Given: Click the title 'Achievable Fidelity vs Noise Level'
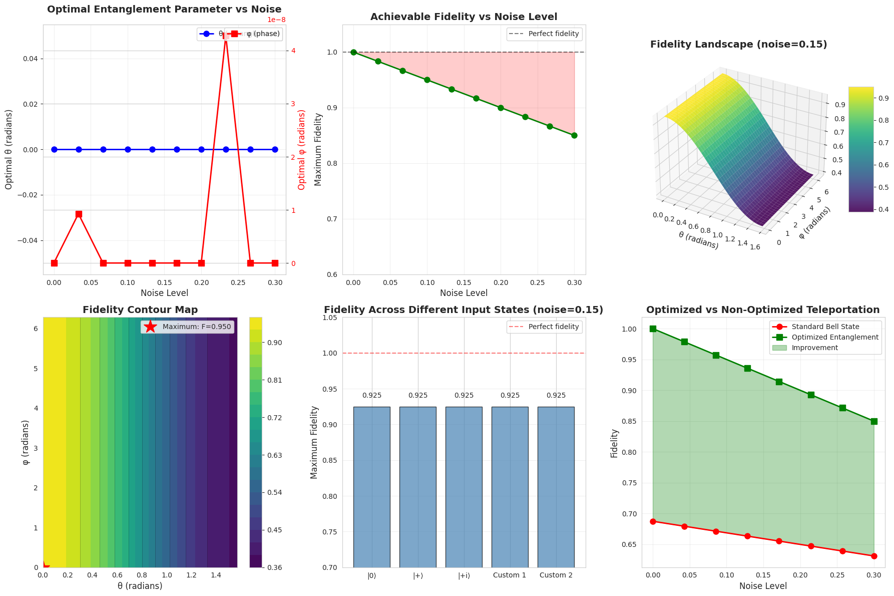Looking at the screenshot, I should pos(464,17).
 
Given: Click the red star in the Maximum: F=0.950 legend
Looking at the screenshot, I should pos(150,327).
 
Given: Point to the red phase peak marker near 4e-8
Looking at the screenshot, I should pos(226,36).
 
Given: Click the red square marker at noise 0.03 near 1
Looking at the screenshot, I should pos(79,214).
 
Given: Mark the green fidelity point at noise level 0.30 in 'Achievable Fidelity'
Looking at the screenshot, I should pos(574,135).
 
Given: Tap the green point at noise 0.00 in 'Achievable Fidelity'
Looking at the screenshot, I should pos(353,52).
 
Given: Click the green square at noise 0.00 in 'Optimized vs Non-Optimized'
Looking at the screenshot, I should pos(653,329).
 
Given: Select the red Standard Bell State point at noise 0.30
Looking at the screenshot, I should pos(874,556).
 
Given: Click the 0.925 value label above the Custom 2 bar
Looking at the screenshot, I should pos(556,396).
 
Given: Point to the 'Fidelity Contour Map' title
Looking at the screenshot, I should pos(140,310).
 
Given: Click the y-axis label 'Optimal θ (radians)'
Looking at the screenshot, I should pos(9,149).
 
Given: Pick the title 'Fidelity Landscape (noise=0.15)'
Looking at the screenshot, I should pos(738,45).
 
